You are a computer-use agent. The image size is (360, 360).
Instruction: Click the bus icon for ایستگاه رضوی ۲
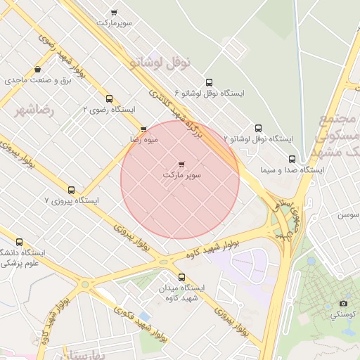click(109, 99)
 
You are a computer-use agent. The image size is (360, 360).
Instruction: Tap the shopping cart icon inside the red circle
click(182, 163)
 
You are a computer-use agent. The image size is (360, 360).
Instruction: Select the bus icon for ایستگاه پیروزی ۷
click(71, 190)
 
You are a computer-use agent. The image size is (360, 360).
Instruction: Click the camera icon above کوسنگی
click(344, 303)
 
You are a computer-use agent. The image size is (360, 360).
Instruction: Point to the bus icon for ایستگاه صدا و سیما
click(292, 159)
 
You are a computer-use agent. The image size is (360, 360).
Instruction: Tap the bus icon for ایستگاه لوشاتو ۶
click(208, 82)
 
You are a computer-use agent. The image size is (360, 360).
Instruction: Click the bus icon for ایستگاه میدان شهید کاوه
click(182, 277)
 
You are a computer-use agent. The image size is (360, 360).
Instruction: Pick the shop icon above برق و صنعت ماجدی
click(37, 70)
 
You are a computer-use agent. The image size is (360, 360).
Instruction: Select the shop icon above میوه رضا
click(143, 129)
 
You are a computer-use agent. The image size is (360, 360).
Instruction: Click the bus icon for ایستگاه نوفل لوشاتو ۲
click(258, 128)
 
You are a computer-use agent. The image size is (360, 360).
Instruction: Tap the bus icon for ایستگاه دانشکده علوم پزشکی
click(19, 242)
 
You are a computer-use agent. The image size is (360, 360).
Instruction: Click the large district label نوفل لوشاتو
click(160, 63)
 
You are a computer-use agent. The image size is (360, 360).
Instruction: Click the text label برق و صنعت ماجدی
click(39, 81)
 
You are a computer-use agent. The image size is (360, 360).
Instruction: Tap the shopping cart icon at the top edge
click(114, 12)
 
